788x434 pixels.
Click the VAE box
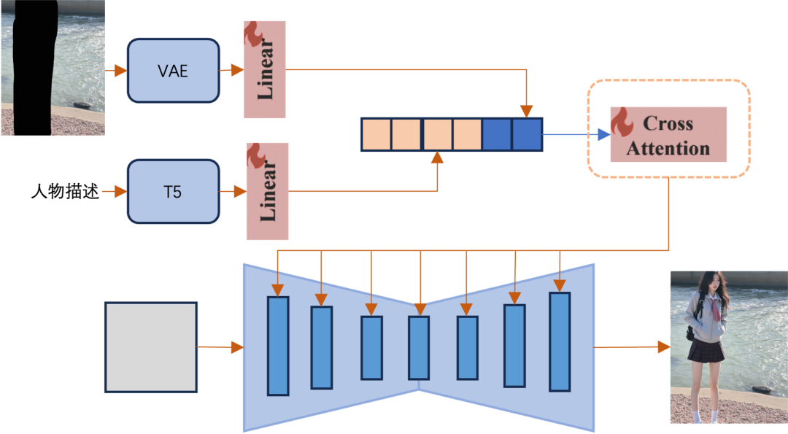(173, 71)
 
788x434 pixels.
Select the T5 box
(173, 192)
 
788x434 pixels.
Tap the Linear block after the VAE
(265, 70)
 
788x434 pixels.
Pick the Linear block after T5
(268, 191)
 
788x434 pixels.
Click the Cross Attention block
(668, 136)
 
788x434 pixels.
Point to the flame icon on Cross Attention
(622, 123)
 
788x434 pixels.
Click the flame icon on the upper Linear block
(253, 33)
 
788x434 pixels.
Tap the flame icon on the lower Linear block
(256, 155)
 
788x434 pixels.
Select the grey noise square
(151, 347)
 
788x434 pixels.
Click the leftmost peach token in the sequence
(376, 135)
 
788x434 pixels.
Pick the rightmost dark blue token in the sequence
(527, 135)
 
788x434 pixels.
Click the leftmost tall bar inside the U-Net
(278, 346)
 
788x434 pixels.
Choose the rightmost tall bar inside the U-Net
(560, 341)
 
